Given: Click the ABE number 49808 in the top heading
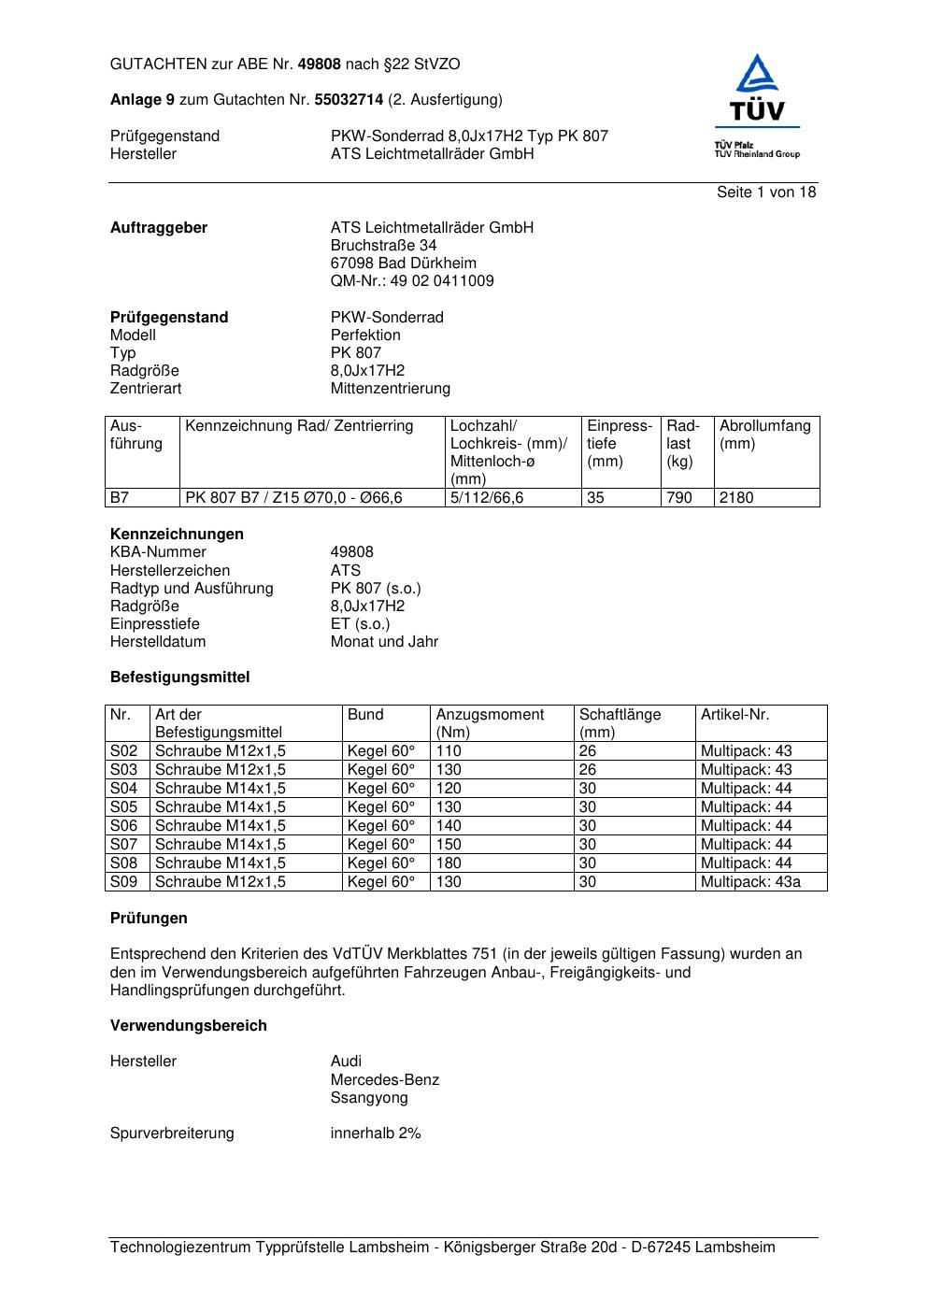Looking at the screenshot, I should (319, 64).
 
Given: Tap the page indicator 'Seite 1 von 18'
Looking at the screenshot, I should (766, 192).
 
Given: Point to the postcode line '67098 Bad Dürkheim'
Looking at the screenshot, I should (403, 263).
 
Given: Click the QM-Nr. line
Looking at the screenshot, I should (412, 280).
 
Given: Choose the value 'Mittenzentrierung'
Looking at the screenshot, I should (390, 388).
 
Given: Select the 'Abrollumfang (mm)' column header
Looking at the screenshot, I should (764, 435).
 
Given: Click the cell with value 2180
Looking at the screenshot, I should (736, 497).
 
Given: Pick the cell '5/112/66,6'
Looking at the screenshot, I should (487, 497).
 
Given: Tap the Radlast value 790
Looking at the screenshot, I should (679, 497).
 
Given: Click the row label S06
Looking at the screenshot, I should (124, 825).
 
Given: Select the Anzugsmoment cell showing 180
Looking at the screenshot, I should (449, 863).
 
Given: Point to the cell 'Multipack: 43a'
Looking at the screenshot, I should (750, 881).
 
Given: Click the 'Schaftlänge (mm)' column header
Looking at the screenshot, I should (620, 723).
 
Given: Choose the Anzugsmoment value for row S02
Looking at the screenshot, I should (449, 750).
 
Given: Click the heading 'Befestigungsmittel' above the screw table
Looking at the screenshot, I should (179, 677).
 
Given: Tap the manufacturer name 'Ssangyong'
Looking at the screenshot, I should (369, 1098).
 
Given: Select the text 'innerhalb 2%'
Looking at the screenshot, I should (376, 1133).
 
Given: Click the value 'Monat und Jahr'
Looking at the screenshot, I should (384, 641).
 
